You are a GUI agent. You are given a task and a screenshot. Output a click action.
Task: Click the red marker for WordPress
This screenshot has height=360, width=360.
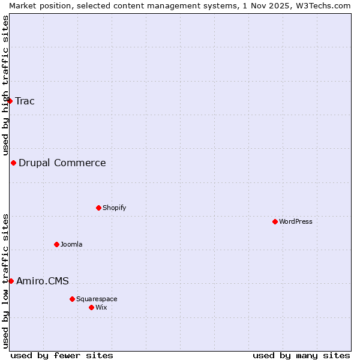(x=275, y=221)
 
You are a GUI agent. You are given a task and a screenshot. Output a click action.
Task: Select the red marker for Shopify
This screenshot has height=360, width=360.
(x=98, y=208)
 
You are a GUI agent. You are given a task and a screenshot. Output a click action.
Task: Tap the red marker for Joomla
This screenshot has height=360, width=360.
(x=56, y=244)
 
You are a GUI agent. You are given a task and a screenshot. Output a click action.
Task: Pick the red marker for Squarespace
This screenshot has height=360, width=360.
(x=72, y=299)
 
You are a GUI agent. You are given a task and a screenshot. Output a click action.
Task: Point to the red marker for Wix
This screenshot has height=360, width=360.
(x=91, y=307)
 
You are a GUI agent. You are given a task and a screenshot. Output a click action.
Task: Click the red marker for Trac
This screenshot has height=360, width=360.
(x=10, y=101)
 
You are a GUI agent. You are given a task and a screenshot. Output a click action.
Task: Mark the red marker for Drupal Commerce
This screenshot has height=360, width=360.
(x=13, y=163)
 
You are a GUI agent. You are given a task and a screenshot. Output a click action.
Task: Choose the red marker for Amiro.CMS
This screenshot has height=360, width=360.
(x=11, y=281)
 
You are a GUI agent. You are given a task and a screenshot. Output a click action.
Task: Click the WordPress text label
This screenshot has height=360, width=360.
(x=296, y=221)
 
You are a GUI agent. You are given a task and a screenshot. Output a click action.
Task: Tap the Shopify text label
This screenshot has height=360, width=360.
(x=114, y=208)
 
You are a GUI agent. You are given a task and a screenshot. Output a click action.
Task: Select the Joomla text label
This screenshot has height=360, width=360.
(x=71, y=244)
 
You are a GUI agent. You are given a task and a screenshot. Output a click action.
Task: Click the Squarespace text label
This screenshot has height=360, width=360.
(x=97, y=299)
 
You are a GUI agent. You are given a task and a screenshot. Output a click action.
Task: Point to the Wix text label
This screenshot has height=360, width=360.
(x=101, y=307)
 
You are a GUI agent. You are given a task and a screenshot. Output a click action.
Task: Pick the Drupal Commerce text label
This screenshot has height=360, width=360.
(x=62, y=163)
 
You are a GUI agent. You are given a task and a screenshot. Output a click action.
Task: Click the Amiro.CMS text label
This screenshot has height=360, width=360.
(x=43, y=281)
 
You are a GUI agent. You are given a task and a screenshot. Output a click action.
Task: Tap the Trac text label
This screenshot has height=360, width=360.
(x=25, y=101)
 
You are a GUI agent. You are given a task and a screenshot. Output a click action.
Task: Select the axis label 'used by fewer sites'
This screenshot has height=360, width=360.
(x=62, y=355)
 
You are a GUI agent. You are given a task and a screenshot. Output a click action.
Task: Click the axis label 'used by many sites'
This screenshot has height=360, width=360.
(x=301, y=355)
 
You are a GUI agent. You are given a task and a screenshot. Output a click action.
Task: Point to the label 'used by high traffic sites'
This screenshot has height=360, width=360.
(x=5, y=85)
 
